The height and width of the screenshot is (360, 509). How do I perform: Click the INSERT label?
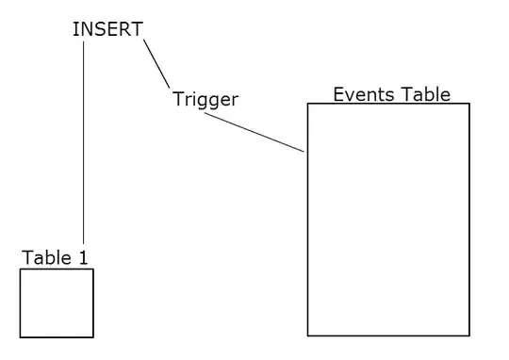point(107,29)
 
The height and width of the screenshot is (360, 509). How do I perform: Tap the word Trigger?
point(205,99)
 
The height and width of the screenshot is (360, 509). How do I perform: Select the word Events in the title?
point(363,94)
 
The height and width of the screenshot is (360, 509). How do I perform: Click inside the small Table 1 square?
point(57,303)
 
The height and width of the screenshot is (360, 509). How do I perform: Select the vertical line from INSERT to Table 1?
point(84,141)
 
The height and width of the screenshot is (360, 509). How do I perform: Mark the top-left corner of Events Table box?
point(308,104)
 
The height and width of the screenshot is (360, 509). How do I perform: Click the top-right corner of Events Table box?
point(468,104)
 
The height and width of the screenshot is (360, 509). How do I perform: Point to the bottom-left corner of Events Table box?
point(308,335)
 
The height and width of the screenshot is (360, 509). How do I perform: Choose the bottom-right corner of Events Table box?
point(468,335)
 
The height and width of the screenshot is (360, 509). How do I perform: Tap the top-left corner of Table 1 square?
point(21,270)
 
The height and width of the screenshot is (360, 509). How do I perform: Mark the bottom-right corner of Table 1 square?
point(92,336)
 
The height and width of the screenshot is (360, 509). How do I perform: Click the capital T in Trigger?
point(178,99)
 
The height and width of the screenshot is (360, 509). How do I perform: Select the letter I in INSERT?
point(75,29)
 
